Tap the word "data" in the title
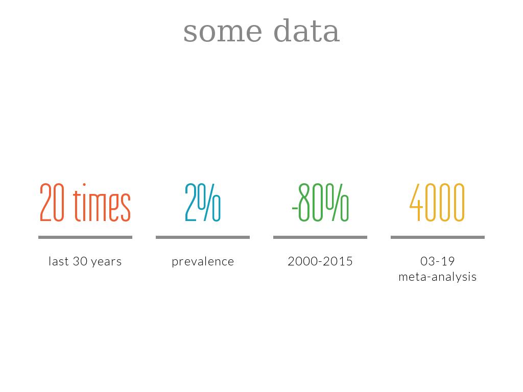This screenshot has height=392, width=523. point(306,31)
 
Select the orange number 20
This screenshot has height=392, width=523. point(52,202)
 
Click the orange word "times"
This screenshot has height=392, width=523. point(102,202)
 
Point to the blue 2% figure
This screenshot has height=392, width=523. point(203,202)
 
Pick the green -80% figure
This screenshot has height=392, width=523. point(320,202)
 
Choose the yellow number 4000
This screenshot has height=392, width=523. point(437,202)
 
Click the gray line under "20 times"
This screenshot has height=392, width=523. point(85,237)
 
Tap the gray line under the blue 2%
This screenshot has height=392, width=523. point(203,237)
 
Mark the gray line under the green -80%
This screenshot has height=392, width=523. point(320,237)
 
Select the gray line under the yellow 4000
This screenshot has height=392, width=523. point(438,237)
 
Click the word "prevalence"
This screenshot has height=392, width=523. point(203,262)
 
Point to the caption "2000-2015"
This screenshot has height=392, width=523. point(320,261)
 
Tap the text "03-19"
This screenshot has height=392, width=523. point(438,261)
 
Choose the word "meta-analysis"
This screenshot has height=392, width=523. point(438,277)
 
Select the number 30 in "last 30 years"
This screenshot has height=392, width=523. point(80,261)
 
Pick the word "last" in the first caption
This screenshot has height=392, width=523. point(59,261)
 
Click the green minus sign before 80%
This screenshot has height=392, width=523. point(295,209)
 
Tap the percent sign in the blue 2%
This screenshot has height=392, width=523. point(209,202)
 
